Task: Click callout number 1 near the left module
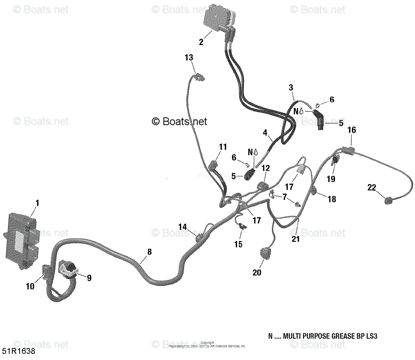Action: [37, 203]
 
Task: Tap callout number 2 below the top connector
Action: [201, 42]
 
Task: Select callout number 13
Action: [189, 58]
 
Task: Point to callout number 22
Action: [371, 188]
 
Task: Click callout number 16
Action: [352, 130]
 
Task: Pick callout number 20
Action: [257, 272]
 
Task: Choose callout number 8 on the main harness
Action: [149, 252]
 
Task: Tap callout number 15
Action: [238, 244]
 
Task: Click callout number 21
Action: [295, 239]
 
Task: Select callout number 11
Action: [223, 147]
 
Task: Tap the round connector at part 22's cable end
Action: [389, 200]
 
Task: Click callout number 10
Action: [30, 286]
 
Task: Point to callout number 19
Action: [331, 179]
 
